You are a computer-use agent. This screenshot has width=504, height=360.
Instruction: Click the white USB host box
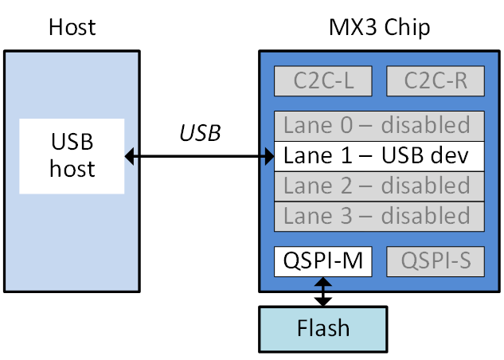point(72,156)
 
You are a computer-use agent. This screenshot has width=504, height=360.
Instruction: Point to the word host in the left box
point(72,169)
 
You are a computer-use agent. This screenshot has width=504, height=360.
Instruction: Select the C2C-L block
point(323,80)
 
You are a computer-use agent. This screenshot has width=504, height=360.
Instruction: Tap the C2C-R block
point(435,80)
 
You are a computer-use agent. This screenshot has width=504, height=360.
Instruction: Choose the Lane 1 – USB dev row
point(379,155)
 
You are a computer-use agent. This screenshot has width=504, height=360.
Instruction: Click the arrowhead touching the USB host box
point(130,156)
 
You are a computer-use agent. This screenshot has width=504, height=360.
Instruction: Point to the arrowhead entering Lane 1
point(269,156)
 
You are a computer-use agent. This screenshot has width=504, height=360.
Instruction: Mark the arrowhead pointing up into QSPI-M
point(323,281)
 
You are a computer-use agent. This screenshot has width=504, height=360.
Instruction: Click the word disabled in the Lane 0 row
point(425,125)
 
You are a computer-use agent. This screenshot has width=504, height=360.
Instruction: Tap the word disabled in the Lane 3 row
point(425,216)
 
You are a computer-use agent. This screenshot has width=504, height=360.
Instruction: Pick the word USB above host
point(72,143)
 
